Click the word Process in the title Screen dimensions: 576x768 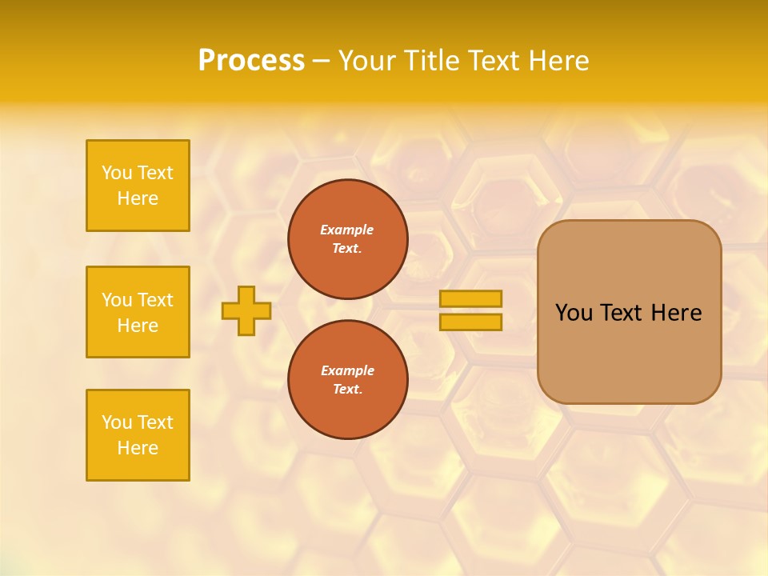pos(251,61)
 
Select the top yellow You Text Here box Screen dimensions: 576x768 pos(138,186)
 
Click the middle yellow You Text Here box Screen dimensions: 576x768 pos(138,312)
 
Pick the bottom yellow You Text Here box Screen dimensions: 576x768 pos(138,435)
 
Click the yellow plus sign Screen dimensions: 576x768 pos(246,310)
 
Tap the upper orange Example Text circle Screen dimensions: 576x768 pos(347,239)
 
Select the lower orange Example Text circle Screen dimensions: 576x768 pos(347,379)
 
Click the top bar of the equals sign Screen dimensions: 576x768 pos(470,298)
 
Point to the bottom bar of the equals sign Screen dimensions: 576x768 pos(470,322)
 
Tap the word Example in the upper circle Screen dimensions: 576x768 pos(347,230)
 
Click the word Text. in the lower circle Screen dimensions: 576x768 pos(347,389)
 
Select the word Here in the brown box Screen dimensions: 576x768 pos(676,313)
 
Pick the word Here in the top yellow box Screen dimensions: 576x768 pos(138,198)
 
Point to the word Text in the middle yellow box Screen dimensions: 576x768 pos(155,300)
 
